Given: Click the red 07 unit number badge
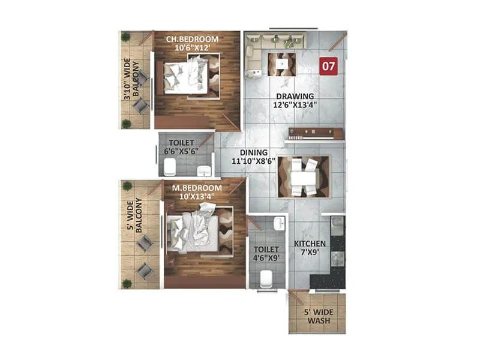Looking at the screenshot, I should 328,65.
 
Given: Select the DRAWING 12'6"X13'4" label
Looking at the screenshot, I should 295,100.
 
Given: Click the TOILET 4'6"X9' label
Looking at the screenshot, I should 266,253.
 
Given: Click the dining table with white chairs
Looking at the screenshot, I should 304,176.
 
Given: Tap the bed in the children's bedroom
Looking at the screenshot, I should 187,76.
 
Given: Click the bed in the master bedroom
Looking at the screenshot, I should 196,229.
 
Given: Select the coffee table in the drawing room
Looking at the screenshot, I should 281,64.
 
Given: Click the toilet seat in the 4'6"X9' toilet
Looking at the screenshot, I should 267,279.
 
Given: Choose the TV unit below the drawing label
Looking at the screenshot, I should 314,134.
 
